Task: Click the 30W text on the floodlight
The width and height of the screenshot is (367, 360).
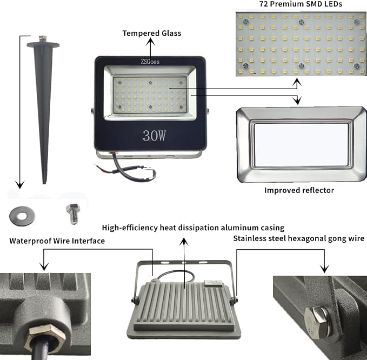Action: [x=154, y=136]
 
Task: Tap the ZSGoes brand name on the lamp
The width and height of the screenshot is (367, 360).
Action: [x=150, y=62]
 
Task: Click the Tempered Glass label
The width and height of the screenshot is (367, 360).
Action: [x=152, y=33]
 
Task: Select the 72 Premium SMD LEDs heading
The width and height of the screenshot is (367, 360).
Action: [x=301, y=4]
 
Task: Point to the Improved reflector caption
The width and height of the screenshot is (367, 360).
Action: [x=299, y=190]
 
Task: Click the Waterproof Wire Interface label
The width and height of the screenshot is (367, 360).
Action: [x=57, y=241]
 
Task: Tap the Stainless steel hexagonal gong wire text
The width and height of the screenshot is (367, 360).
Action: [x=299, y=238]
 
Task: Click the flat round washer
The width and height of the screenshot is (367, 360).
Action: [x=22, y=216]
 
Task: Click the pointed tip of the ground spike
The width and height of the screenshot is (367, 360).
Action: [x=44, y=183]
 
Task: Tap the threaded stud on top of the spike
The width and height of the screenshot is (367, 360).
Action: [x=42, y=39]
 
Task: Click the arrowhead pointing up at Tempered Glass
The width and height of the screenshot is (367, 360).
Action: [x=151, y=42]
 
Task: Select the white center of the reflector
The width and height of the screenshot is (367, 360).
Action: [x=301, y=145]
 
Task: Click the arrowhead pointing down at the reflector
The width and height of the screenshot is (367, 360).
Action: [x=297, y=101]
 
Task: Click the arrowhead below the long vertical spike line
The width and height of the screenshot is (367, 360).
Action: [x=20, y=184]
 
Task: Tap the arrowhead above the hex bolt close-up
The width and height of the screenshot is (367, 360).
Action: [x=324, y=269]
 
